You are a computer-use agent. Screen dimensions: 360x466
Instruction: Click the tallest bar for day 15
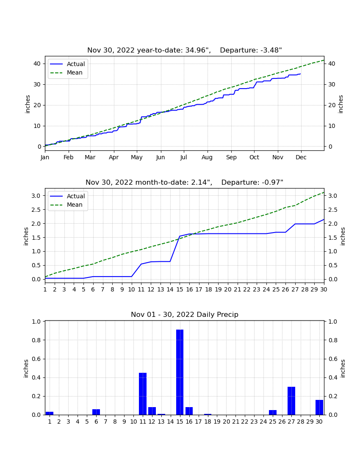(180, 372)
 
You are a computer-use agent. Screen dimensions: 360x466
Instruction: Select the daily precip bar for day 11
(143, 394)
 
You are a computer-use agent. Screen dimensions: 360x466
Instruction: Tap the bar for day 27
(291, 401)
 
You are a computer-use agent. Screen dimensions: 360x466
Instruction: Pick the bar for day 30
(319, 408)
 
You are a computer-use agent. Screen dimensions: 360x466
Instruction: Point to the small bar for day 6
(96, 412)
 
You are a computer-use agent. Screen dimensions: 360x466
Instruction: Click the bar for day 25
(273, 413)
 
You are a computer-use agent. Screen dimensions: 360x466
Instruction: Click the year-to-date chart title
(185, 50)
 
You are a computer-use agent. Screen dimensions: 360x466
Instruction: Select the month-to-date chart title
(185, 182)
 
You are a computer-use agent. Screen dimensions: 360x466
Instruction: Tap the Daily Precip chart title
(185, 314)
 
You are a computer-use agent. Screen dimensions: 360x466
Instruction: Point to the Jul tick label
(183, 157)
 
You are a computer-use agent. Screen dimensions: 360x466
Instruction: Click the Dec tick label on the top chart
(301, 157)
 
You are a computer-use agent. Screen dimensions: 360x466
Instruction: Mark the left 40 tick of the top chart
(37, 64)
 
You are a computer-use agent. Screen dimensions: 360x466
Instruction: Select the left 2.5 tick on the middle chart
(36, 210)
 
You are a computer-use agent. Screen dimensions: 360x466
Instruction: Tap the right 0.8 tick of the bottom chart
(333, 340)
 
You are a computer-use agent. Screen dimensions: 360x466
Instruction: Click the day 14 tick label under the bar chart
(171, 422)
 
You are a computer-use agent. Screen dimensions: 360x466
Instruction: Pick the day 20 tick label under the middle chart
(227, 289)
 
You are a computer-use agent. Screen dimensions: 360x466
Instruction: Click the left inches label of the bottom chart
(26, 369)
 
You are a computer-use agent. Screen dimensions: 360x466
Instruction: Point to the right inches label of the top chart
(341, 104)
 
